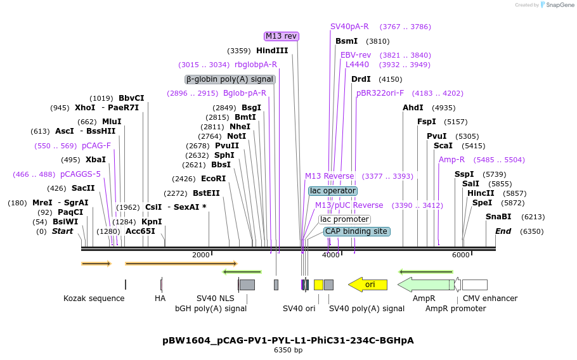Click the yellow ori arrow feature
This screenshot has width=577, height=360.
click(368, 285)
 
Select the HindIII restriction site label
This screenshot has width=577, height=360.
click(272, 51)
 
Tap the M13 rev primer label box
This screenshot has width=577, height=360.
click(281, 36)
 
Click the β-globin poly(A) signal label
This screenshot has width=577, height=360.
click(230, 79)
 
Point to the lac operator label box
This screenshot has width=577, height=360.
click(333, 191)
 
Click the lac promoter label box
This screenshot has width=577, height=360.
click(344, 219)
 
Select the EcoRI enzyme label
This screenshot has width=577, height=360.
click(213, 179)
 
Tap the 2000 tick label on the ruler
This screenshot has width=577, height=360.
click(200, 255)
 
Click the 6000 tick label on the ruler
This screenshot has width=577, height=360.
click(460, 255)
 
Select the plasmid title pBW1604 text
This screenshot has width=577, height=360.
click(288, 340)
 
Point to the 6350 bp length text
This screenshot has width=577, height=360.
click(288, 350)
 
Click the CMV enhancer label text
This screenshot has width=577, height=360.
click(490, 299)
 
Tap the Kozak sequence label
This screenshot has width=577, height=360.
click(94, 299)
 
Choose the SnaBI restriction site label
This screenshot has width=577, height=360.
click(498, 217)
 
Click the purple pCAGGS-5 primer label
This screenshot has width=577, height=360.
click(81, 174)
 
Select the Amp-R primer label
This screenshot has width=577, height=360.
click(451, 160)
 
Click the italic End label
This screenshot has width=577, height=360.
click(503, 231)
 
